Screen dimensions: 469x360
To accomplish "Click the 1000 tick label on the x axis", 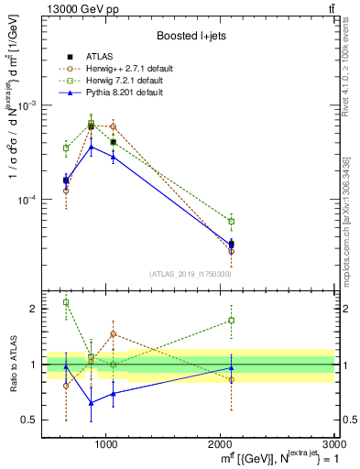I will (x=106, y=444).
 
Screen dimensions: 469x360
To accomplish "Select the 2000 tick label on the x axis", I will (x=221, y=444).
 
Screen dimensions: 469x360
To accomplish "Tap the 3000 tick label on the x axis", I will (x=333, y=444).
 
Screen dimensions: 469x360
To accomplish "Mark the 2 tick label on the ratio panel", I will (x=34, y=309).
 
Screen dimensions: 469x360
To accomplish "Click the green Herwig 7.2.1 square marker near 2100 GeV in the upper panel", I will (x=231, y=222).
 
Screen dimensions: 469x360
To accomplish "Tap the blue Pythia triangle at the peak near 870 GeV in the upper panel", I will (x=91, y=147).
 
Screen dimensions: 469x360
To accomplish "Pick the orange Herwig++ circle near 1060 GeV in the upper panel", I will (x=113, y=126).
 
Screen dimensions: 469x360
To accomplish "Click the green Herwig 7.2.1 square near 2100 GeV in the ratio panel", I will (x=231, y=321).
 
